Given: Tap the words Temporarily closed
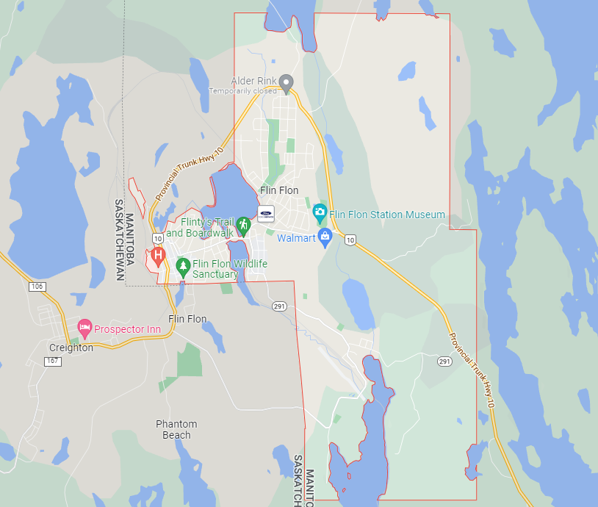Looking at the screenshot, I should [x=243, y=91].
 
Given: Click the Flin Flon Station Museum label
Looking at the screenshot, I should [x=387, y=215].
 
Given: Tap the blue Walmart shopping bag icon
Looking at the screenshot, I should [x=325, y=237].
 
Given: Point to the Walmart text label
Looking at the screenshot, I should [x=296, y=238].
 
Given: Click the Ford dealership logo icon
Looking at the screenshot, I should [x=265, y=214].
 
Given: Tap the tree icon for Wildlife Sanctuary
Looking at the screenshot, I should [x=183, y=265].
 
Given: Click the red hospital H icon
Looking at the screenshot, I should [x=157, y=256].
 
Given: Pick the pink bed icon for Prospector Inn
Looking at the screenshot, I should [x=85, y=328].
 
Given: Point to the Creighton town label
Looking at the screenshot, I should [x=71, y=348].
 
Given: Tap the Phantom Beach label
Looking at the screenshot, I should [x=176, y=430].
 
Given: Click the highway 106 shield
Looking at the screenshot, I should [x=37, y=287].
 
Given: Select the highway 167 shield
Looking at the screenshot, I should [x=51, y=362].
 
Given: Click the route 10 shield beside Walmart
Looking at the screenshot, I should [x=350, y=240].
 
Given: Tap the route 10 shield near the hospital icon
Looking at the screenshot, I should [x=157, y=239].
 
